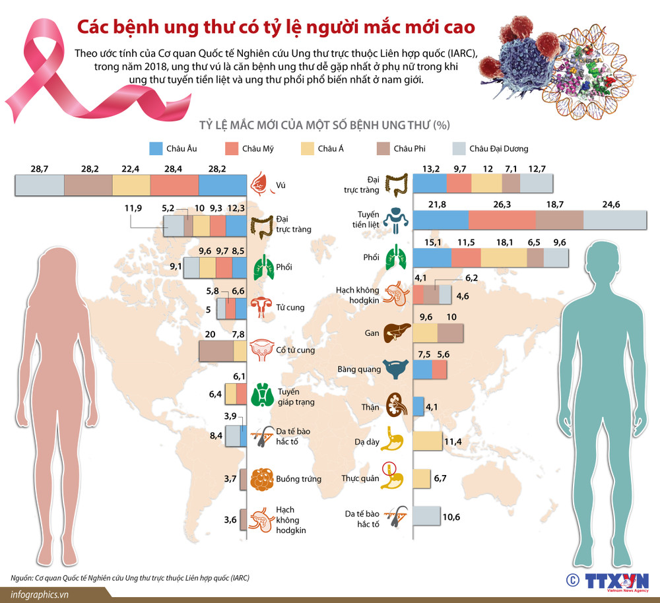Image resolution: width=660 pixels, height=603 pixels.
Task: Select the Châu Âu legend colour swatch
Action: (156, 148)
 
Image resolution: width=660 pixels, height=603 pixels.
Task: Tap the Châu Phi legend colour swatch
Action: (383, 148)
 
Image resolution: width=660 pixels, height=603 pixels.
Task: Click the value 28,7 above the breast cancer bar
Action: (40, 169)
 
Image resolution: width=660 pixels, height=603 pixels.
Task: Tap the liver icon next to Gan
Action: (396, 333)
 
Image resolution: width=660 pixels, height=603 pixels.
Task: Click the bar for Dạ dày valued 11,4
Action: (426, 441)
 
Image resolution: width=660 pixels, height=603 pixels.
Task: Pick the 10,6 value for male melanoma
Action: (451, 517)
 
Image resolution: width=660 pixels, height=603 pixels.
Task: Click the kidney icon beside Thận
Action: (397, 406)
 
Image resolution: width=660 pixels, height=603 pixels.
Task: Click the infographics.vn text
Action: (40, 594)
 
